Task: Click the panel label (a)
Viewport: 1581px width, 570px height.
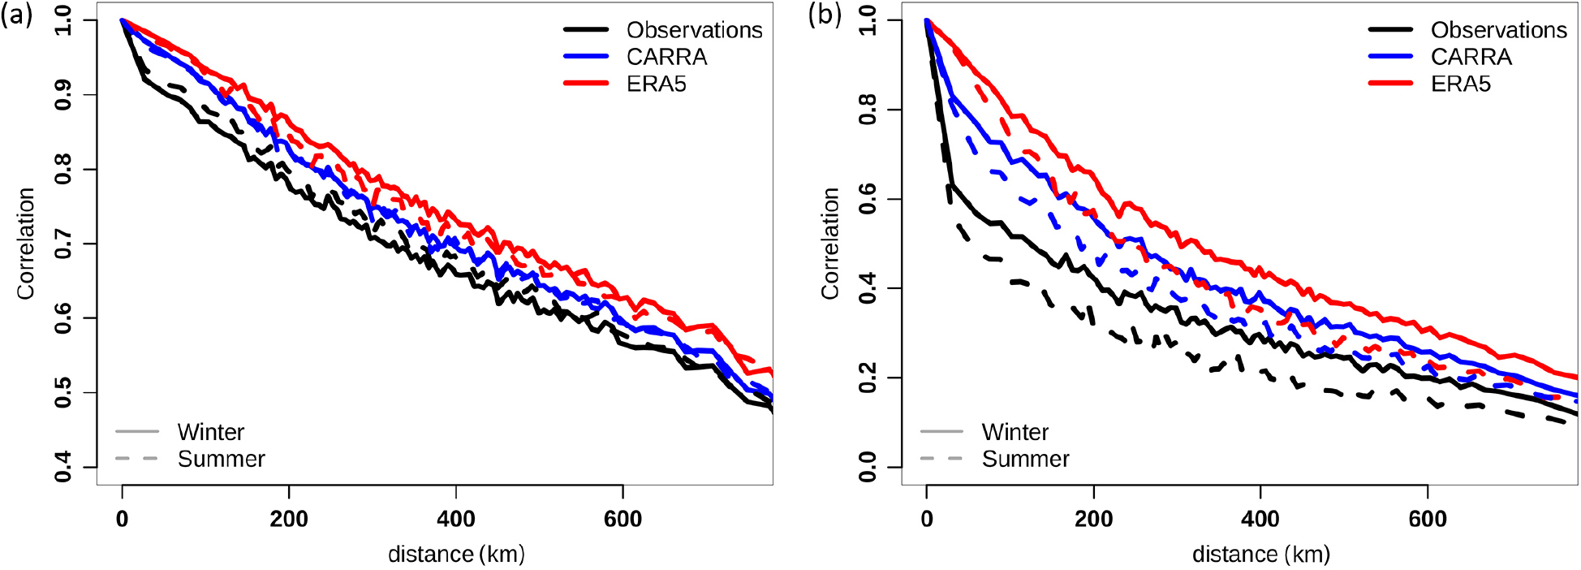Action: tap(16, 15)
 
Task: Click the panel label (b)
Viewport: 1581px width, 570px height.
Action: tap(825, 15)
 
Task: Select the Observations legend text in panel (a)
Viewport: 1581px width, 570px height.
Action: tap(694, 30)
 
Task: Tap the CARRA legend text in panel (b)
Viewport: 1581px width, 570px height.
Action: tap(1471, 57)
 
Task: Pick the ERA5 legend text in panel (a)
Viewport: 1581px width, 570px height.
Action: tap(656, 84)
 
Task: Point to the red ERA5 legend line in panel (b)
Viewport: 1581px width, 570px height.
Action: tap(1391, 83)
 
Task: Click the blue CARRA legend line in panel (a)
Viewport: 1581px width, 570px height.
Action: tap(587, 56)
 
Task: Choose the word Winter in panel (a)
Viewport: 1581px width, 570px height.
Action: tap(210, 432)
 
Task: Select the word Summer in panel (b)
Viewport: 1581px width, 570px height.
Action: tap(1025, 459)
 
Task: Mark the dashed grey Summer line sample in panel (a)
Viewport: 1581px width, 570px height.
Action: tap(136, 459)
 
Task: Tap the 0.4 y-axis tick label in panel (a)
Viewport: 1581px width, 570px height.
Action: tap(62, 467)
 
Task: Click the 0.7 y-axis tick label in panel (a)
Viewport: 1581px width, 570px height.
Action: tap(62, 244)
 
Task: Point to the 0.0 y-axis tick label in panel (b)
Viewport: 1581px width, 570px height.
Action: tap(867, 467)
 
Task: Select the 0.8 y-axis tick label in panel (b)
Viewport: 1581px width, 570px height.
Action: tap(867, 110)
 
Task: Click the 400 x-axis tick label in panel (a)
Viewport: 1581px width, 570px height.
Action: tap(456, 519)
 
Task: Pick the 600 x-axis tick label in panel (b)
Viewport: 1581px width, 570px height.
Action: tap(1428, 519)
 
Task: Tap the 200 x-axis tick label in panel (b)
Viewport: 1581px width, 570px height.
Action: tap(1093, 519)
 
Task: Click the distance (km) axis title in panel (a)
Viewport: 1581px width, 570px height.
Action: tap(456, 554)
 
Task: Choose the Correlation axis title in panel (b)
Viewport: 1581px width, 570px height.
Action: tap(829, 244)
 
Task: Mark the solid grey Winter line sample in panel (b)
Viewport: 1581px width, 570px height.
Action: tap(941, 431)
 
